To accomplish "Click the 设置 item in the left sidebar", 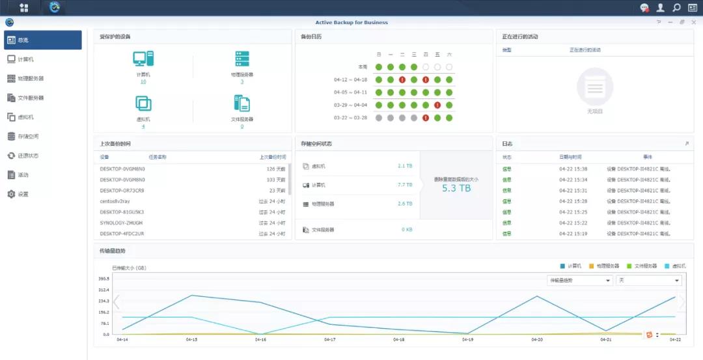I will (x=23, y=194).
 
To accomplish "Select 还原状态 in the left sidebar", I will (x=28, y=156).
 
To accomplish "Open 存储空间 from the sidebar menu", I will (x=28, y=136).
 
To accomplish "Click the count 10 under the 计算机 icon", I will (x=143, y=81).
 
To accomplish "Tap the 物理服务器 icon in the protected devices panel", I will (x=242, y=59).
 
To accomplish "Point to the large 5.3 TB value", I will (x=456, y=188).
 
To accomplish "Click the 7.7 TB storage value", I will (x=405, y=185).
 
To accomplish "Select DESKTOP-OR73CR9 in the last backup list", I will (x=122, y=190).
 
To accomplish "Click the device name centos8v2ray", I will (x=115, y=201).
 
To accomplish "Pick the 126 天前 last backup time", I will (x=277, y=169).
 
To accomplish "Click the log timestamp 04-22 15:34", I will (x=573, y=179).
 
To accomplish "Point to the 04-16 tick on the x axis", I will (x=260, y=339).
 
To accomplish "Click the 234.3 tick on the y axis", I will (x=103, y=301).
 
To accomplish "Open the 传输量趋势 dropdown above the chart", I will (x=579, y=280).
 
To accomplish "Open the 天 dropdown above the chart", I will (x=649, y=280).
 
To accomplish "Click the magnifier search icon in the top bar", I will (x=676, y=8).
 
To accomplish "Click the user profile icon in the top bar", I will (x=661, y=8).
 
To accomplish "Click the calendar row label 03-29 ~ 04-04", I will (x=351, y=105).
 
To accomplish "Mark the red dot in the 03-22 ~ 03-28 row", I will (x=425, y=118).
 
